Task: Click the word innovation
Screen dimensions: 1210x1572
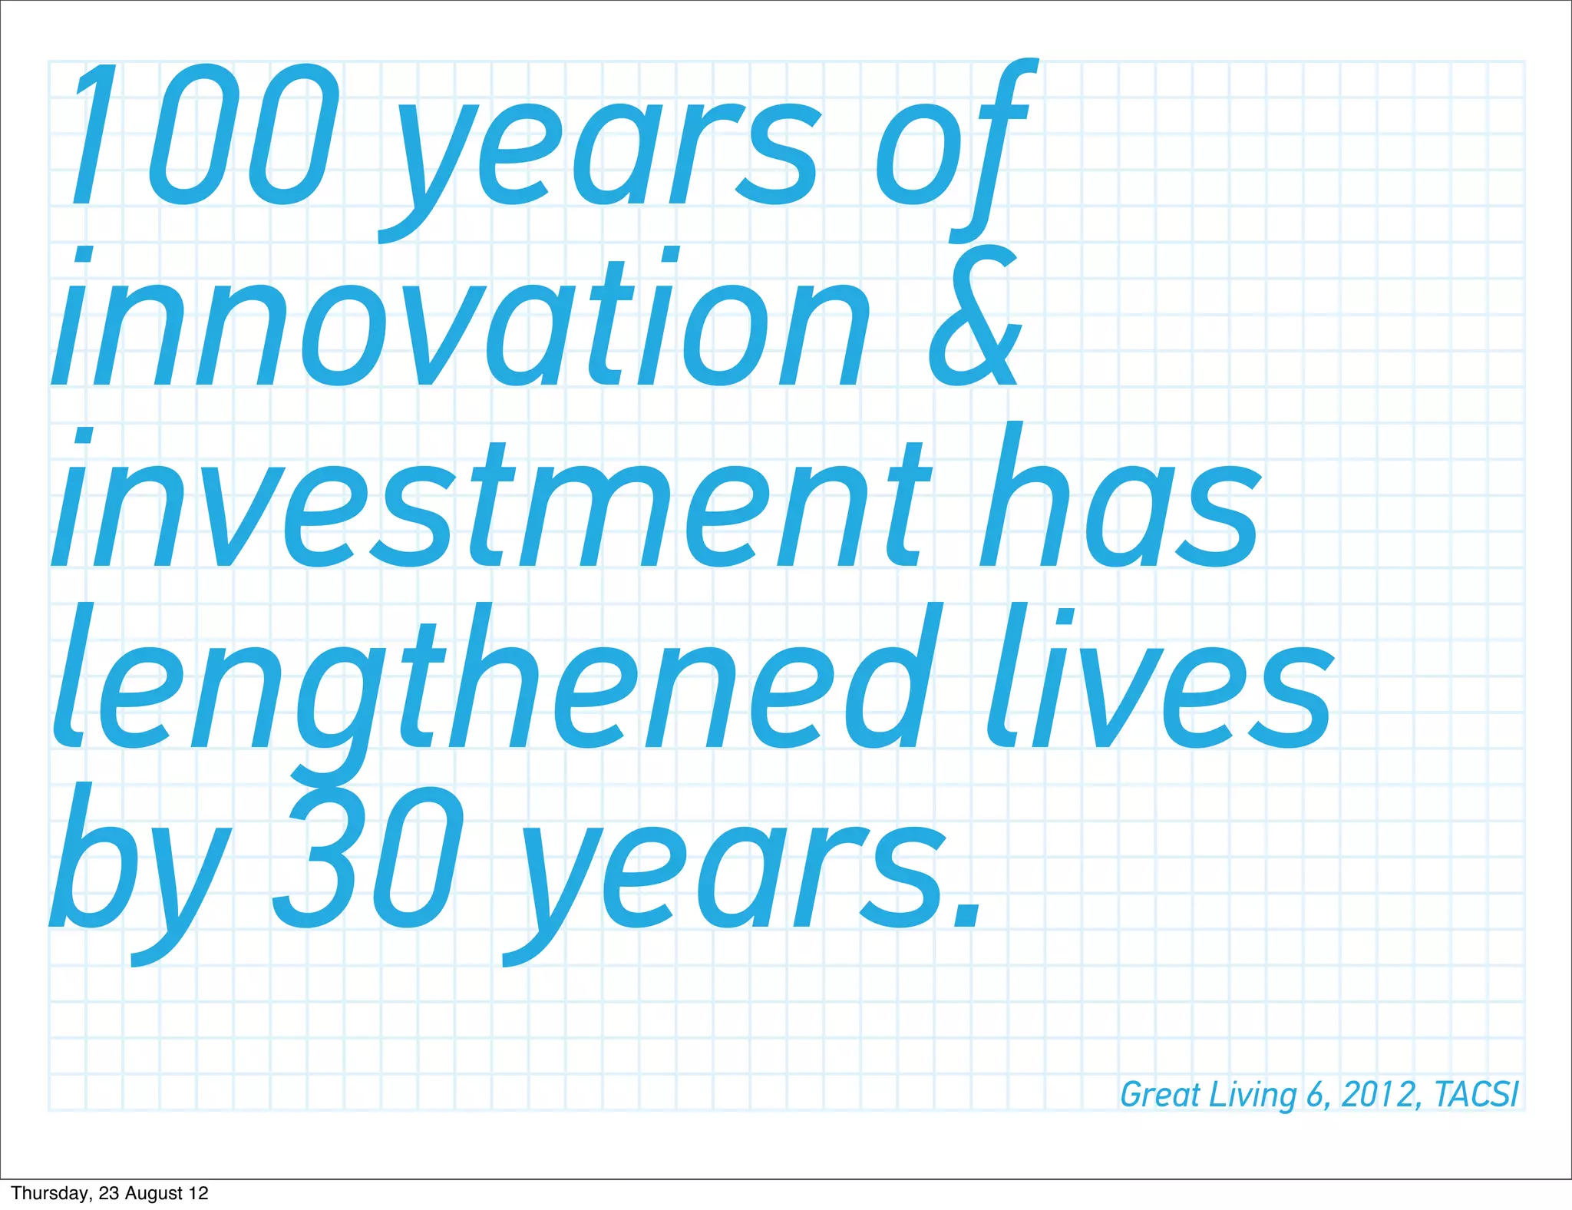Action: coord(461,322)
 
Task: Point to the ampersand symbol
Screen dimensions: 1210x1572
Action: coord(975,319)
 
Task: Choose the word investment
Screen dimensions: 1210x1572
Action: coord(491,507)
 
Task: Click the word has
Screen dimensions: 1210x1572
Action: coord(1121,499)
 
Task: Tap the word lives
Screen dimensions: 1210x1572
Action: coord(1159,683)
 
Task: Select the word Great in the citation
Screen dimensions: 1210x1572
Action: coord(1160,1095)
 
